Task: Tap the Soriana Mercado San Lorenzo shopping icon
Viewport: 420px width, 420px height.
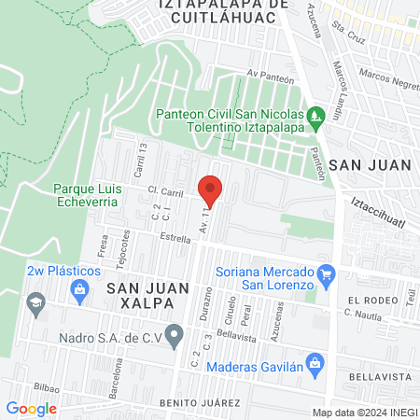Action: [x=326, y=273]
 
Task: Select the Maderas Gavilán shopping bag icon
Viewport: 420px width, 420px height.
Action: [x=315, y=361]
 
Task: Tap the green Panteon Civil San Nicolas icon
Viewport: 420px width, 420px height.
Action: [x=316, y=115]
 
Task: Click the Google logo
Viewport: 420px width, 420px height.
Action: [x=31, y=408]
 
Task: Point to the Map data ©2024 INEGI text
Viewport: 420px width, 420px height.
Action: [x=364, y=413]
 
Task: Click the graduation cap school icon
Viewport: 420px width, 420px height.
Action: [x=37, y=302]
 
